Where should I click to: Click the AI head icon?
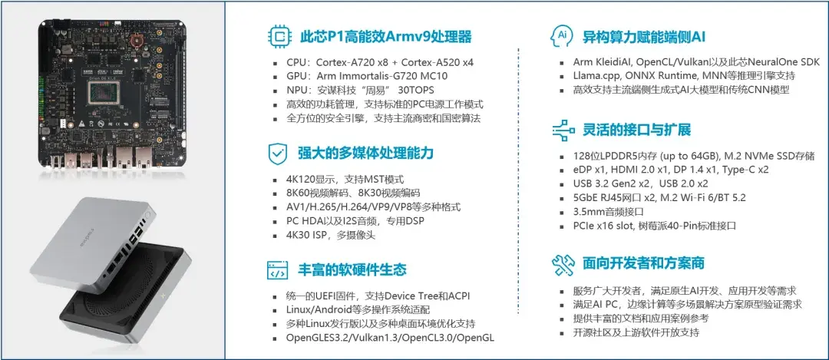point(561,36)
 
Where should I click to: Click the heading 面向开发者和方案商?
point(643,264)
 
